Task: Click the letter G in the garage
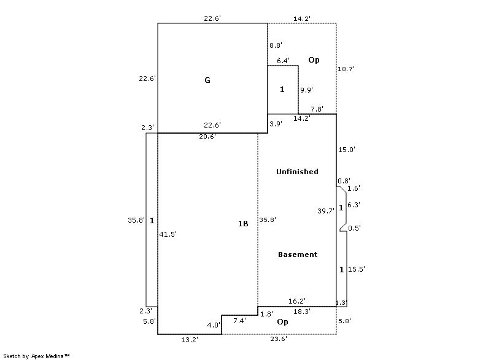click(207, 80)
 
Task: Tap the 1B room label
click(243, 224)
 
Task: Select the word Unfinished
click(297, 172)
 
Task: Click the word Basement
click(298, 255)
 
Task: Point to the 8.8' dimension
click(276, 45)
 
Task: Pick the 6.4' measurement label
click(283, 61)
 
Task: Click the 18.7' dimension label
click(346, 69)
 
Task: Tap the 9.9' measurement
click(307, 90)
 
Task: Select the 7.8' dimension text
click(317, 109)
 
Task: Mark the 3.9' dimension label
click(276, 124)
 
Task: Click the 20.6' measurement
click(207, 137)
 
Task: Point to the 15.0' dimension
click(347, 150)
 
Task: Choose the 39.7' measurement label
click(326, 211)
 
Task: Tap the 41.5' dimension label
click(168, 234)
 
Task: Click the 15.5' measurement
click(357, 269)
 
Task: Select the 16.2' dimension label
click(297, 301)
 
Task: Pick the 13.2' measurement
click(190, 340)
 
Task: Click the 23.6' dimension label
click(279, 339)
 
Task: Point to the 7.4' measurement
click(240, 321)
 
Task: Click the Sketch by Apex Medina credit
click(37, 356)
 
